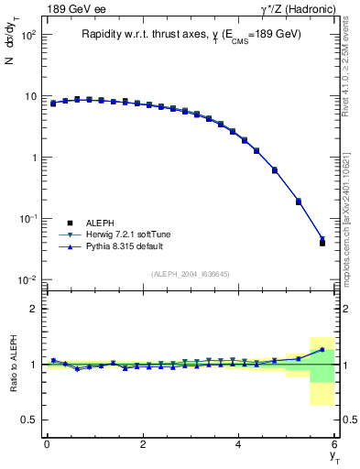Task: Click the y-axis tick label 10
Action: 30,96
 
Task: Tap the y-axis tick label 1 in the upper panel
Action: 33,158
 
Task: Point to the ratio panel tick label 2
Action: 33,309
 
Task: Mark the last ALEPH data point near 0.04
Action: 322,244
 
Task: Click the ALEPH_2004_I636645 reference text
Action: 191,273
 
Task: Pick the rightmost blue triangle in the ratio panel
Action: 322,349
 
